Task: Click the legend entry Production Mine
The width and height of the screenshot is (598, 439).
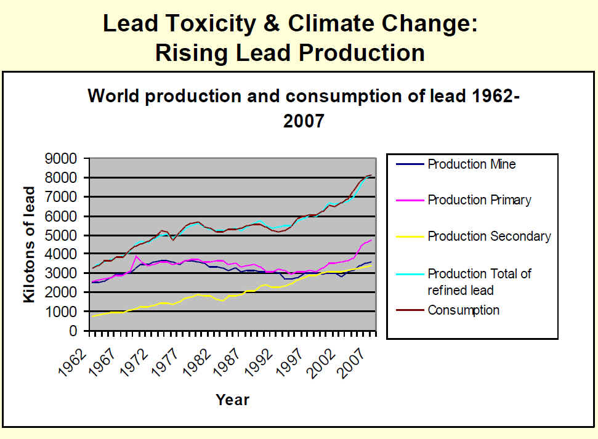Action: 471,164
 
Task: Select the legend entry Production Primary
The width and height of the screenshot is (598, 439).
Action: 479,200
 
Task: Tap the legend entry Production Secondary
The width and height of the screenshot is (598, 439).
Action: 489,236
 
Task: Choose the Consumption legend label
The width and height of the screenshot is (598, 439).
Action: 463,310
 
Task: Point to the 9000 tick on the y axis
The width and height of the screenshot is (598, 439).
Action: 63,159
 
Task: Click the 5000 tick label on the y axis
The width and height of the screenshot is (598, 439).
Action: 63,235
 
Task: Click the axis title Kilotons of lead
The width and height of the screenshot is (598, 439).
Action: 30,244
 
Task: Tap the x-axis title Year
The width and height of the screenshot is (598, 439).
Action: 232,400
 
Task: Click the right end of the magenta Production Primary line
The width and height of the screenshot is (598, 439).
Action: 371,240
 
